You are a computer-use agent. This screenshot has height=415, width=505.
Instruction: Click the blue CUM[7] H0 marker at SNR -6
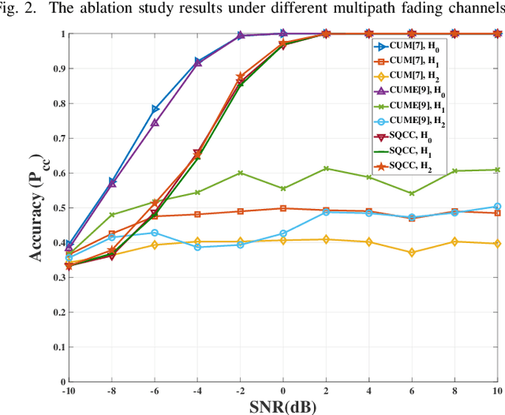pyautogui.click(x=155, y=109)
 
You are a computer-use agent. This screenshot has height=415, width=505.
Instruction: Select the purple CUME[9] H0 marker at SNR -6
pyautogui.click(x=155, y=123)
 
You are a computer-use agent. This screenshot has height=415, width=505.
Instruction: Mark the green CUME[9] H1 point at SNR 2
pyautogui.click(x=326, y=169)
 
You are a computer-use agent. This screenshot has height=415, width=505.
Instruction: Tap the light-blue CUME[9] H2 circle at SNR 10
pyautogui.click(x=497, y=207)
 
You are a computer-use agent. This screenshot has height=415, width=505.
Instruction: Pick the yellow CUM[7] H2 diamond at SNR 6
pyautogui.click(x=411, y=252)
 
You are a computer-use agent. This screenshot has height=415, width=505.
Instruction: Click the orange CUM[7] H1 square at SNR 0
pyautogui.click(x=283, y=208)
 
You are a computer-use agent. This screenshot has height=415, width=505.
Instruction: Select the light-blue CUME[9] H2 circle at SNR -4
pyautogui.click(x=197, y=247)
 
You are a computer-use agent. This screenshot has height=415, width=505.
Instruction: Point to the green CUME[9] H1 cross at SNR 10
pyautogui.click(x=497, y=170)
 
